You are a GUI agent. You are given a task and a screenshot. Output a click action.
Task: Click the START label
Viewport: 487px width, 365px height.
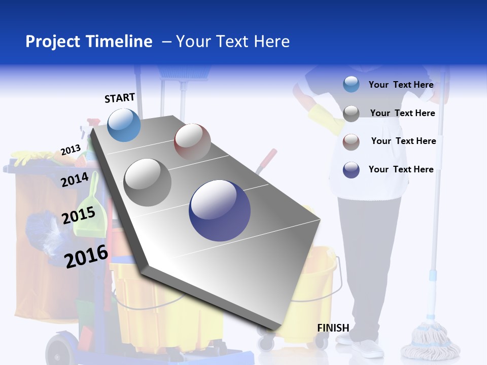pos(120,98)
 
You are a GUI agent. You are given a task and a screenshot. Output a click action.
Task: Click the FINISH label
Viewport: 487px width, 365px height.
pos(333,328)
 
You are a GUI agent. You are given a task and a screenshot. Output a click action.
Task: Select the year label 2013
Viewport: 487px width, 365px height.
pos(71,150)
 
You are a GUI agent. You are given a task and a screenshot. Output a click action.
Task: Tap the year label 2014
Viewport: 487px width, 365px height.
pos(75,179)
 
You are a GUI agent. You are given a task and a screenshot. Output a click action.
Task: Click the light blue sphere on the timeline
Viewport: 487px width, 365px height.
pos(124,125)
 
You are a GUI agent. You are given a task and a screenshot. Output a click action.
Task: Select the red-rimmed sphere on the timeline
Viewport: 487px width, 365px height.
pos(192,142)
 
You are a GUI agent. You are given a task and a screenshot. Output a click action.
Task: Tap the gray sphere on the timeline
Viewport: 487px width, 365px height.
pos(148,182)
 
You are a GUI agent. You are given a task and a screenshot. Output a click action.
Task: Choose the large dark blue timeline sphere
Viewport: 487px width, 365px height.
pos(220,210)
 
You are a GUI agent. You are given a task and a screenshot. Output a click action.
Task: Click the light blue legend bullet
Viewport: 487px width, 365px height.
pos(351,84)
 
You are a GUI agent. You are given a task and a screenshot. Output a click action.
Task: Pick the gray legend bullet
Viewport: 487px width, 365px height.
pos(351,114)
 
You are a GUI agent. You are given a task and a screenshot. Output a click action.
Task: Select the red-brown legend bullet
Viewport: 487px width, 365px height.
pos(351,142)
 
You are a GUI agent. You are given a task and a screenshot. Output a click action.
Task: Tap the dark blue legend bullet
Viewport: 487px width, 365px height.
pos(351,170)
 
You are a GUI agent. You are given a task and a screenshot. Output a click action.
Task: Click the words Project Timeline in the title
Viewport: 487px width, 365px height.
pos(89,42)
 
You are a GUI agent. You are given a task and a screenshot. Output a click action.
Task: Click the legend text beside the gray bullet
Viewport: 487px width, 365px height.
pos(402,113)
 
